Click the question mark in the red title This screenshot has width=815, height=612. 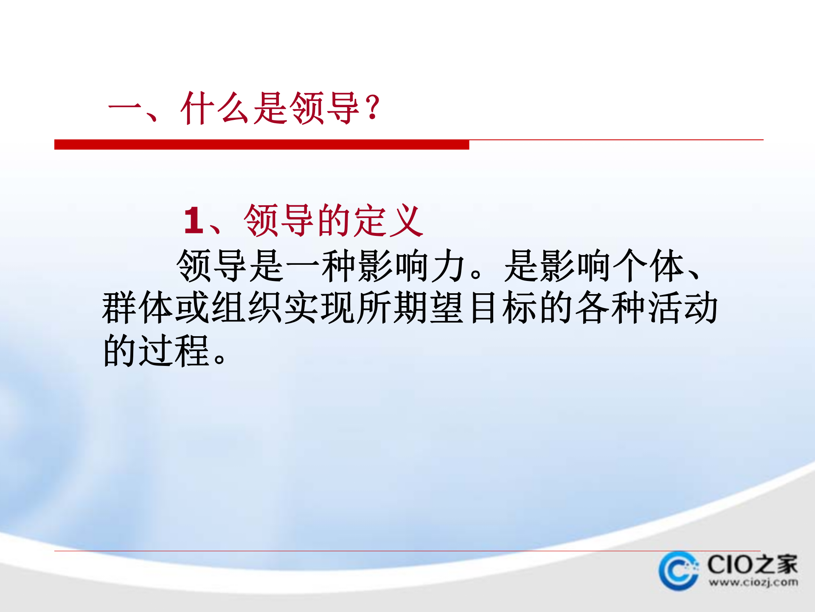click(x=373, y=108)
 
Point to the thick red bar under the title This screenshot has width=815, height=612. click(x=261, y=144)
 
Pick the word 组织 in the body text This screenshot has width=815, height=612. click(x=247, y=308)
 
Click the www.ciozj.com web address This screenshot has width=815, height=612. click(x=753, y=582)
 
